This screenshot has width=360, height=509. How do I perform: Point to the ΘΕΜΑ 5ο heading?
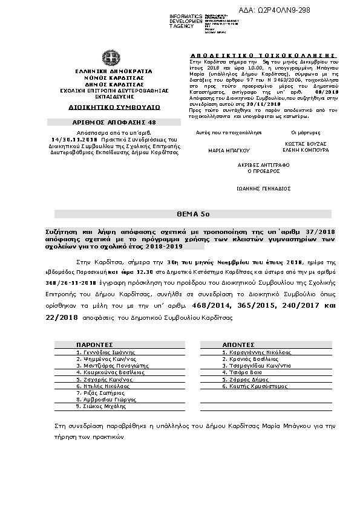click(x=180, y=214)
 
